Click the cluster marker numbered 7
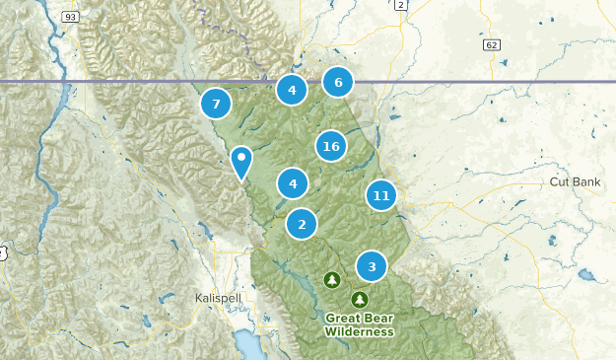(x=216, y=103)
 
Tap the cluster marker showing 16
(x=331, y=147)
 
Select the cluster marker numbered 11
(x=381, y=195)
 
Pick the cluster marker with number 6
(x=338, y=83)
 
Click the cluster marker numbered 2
(x=302, y=224)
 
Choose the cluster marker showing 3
(x=372, y=266)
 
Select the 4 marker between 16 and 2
(x=293, y=183)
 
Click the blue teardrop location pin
(x=241, y=162)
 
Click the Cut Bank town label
(x=575, y=183)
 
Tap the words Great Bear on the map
(x=360, y=319)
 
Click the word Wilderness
(x=360, y=332)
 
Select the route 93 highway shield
(x=70, y=17)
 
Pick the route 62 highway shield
(x=491, y=45)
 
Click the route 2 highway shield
(x=400, y=5)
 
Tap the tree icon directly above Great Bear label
(x=360, y=299)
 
